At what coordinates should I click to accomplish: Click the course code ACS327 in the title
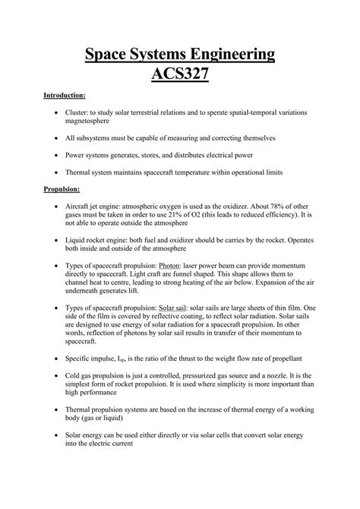179,77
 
